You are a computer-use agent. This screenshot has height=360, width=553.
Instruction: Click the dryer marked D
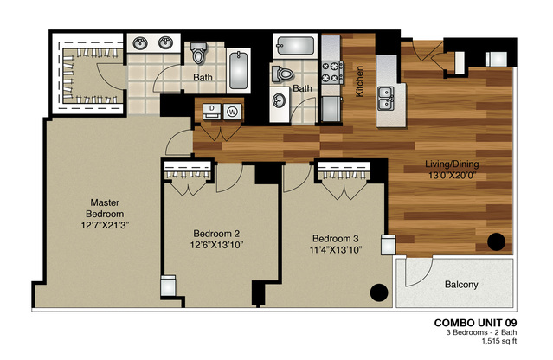pyautogui.click(x=212, y=111)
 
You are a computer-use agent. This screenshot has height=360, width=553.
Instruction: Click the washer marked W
pyautogui.click(x=232, y=111)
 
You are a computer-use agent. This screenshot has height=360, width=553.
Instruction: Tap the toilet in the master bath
pyautogui.click(x=199, y=55)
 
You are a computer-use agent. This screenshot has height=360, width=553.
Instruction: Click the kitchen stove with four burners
pyautogui.click(x=332, y=70)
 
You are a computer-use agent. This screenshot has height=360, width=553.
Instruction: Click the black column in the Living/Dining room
pyautogui.click(x=498, y=242)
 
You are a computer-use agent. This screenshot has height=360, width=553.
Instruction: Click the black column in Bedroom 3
pyautogui.click(x=378, y=293)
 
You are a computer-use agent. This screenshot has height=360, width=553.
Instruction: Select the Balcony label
pyautogui.click(x=461, y=284)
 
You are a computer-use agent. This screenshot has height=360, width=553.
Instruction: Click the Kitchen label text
pyautogui.click(x=360, y=81)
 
